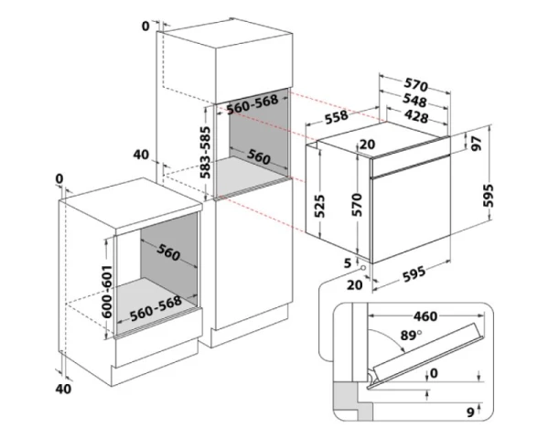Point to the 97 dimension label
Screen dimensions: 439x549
coord(476,143)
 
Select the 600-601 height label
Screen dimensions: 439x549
coord(107,291)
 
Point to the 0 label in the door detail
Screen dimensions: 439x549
coord(434,373)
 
